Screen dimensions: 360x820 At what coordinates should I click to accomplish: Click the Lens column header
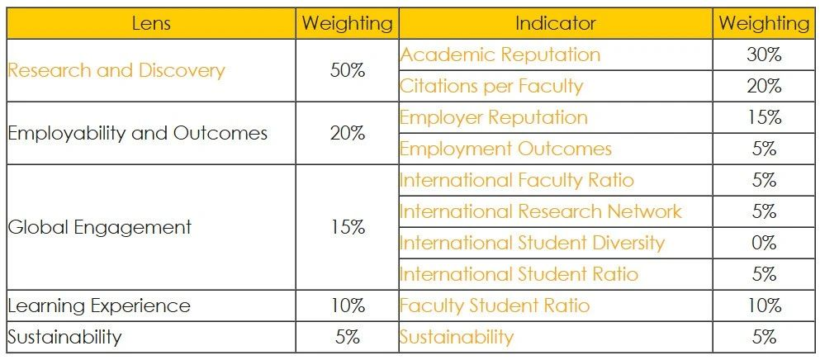(x=151, y=23)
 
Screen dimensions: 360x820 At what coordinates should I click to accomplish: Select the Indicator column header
(x=555, y=23)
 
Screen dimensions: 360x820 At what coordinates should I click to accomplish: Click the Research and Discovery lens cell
(x=116, y=70)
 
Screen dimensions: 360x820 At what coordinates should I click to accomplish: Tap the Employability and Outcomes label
(x=138, y=133)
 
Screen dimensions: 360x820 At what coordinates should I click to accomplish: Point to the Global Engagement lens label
(x=100, y=227)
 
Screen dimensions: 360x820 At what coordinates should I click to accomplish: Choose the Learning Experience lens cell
(x=99, y=306)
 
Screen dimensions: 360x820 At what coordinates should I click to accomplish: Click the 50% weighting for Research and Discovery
(x=347, y=70)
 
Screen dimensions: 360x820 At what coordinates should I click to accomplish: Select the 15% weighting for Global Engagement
(x=347, y=227)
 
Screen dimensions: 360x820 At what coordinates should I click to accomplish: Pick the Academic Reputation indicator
(x=500, y=54)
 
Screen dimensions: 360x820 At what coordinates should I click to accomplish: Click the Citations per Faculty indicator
(x=491, y=86)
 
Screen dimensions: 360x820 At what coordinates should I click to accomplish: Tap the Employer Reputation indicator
(x=494, y=117)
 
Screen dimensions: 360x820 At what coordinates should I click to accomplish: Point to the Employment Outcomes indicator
(x=505, y=149)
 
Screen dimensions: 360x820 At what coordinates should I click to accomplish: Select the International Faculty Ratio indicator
(x=518, y=180)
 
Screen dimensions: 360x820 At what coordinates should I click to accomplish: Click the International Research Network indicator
(x=541, y=211)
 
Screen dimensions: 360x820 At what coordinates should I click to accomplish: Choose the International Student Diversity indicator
(x=532, y=243)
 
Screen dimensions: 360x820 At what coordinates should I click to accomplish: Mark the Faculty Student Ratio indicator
(x=495, y=306)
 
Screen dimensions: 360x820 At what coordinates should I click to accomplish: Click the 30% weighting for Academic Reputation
(x=764, y=54)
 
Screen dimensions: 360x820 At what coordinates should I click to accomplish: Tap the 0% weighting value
(x=764, y=243)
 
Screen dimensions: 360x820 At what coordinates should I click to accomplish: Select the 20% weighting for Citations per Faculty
(x=764, y=86)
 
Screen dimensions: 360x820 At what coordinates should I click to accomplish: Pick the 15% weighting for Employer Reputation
(x=764, y=117)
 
